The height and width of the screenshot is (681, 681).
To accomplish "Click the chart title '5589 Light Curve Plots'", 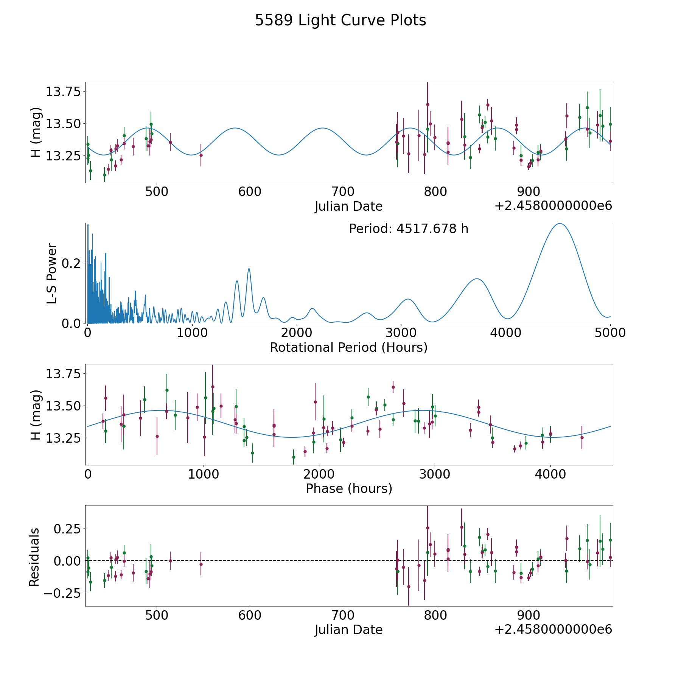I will (x=340, y=20).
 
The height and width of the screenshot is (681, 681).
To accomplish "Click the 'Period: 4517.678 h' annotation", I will (x=408, y=229).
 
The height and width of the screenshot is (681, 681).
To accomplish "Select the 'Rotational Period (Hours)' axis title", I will (x=348, y=347).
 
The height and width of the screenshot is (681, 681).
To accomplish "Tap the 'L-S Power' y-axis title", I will (x=52, y=273).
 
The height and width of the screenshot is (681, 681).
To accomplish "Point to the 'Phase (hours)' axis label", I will (x=348, y=488).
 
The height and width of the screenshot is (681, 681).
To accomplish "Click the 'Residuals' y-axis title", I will (x=34, y=557).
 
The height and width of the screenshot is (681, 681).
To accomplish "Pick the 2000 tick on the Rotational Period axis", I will (x=297, y=333).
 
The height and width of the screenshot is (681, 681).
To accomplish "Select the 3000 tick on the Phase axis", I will (x=435, y=474).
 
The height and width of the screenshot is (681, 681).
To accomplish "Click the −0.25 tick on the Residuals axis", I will (x=62, y=593).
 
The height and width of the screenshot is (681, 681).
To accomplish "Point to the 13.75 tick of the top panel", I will (x=63, y=92).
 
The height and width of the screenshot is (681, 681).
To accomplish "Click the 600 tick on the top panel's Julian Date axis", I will (x=250, y=192).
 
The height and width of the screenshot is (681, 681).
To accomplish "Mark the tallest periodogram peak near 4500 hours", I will (x=559, y=224).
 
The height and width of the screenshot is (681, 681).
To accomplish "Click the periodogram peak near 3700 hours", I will (x=477, y=279).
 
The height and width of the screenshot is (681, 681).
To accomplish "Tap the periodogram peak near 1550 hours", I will (x=249, y=269).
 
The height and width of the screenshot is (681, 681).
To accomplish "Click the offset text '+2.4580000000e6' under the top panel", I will (x=553, y=206).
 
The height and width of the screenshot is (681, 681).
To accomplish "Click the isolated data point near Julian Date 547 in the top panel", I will (x=201, y=155).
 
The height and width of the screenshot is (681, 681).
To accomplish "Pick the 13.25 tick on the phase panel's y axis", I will (x=63, y=438).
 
